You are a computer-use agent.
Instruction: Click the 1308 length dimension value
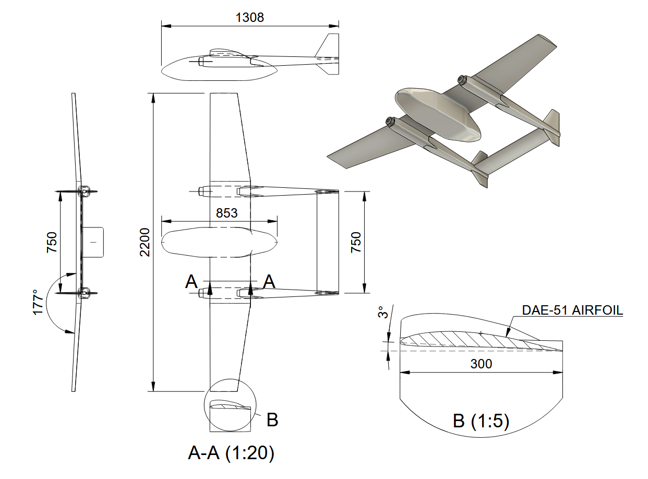coord(250,17)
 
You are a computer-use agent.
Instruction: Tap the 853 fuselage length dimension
coord(226,213)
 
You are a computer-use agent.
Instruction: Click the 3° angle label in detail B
coord(383,313)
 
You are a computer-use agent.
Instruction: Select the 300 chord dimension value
coord(481,364)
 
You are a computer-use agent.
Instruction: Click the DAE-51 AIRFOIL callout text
coord(572,310)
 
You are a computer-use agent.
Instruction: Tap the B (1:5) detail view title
coord(481,421)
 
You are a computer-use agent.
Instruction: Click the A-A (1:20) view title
coord(231,453)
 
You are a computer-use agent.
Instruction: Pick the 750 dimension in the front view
coord(52,242)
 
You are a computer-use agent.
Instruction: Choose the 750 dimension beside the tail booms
coord(355,242)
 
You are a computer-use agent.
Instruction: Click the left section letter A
coord(191,282)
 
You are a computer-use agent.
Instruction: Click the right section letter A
coord(269,282)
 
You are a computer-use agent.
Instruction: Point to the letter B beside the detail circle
coord(272,420)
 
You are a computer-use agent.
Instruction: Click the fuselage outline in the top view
coord(219,243)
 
